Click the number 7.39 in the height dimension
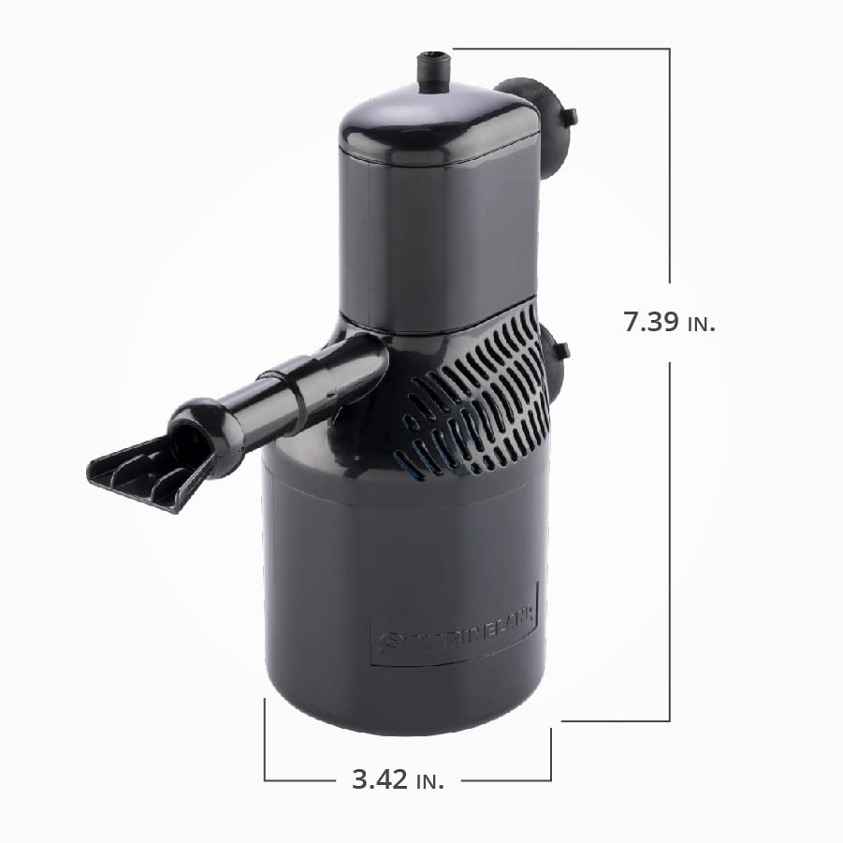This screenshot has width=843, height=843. click(x=651, y=322)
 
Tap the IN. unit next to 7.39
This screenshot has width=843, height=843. click(x=701, y=325)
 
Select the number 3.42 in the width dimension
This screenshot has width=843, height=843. click(x=380, y=779)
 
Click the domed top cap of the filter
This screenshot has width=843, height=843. click(x=435, y=126)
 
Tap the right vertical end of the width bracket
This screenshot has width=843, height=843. click(x=551, y=754)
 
